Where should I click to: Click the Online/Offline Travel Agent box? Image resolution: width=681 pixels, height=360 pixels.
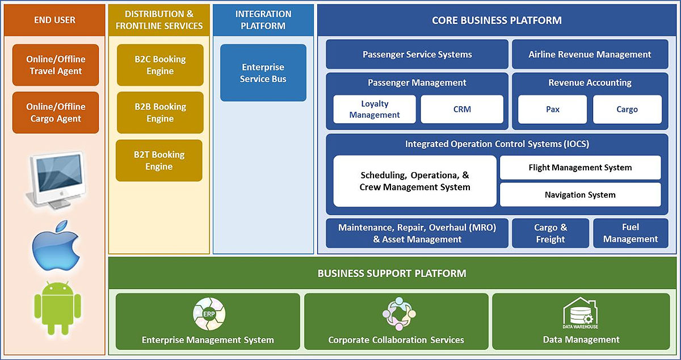point(56,65)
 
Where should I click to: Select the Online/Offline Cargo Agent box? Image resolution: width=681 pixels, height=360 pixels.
point(56,112)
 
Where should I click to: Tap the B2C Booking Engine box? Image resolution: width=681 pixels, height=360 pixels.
point(160,65)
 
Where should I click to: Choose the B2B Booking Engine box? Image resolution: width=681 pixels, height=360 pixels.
point(160,112)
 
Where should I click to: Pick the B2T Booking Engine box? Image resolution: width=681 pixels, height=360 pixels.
point(159,161)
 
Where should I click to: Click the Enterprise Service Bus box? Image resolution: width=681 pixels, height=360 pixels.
point(263,73)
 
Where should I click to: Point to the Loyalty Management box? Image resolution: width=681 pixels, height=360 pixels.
point(375,109)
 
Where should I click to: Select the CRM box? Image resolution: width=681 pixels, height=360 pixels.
point(462,109)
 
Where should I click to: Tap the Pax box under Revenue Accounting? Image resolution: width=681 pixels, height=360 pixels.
point(553,109)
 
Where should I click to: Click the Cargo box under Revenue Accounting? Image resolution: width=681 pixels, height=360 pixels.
point(627,109)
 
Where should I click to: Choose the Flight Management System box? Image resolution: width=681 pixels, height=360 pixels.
point(580,168)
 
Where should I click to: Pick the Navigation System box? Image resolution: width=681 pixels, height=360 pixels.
point(580,195)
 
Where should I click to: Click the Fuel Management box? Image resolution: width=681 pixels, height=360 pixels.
point(630,233)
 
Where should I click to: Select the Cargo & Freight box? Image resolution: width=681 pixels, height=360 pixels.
point(550,233)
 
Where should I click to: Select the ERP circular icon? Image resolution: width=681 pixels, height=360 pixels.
point(209,314)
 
